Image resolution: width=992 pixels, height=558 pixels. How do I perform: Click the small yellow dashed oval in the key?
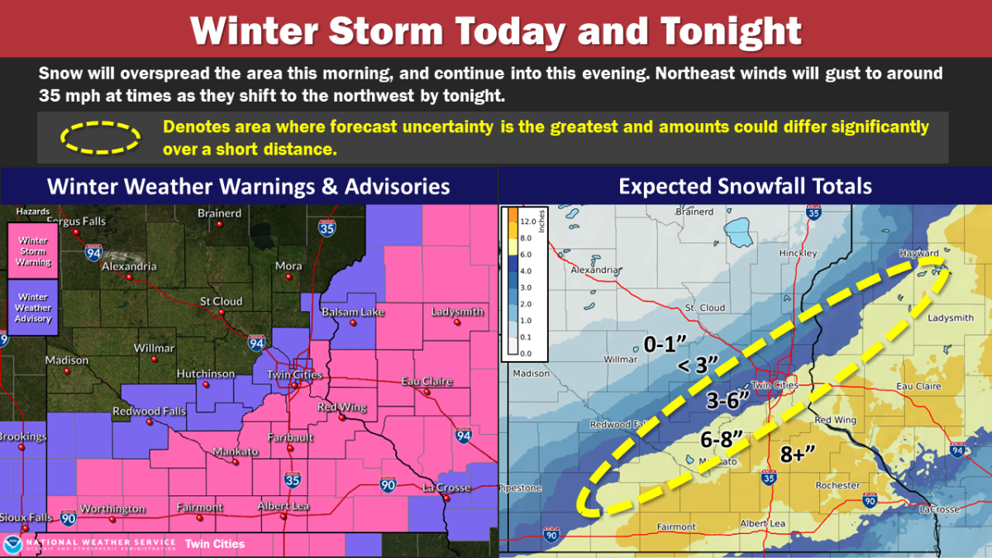click(88, 137)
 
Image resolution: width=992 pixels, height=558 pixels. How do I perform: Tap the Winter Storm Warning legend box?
click(33, 250)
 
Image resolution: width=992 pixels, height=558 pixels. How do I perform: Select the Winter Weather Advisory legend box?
click(33, 307)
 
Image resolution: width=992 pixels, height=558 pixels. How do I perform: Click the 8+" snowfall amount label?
click(798, 452)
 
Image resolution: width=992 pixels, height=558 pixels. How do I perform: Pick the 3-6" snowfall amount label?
click(727, 400)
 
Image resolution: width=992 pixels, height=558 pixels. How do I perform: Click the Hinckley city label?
click(798, 253)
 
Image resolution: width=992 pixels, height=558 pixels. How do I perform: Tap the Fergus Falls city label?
click(75, 221)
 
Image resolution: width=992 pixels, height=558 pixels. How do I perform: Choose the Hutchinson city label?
click(206, 374)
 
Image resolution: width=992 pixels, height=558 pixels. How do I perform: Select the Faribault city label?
click(289, 436)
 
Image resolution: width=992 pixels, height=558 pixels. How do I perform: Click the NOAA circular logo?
click(13, 544)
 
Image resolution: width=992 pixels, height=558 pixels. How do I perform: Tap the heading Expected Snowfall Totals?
click(745, 185)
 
